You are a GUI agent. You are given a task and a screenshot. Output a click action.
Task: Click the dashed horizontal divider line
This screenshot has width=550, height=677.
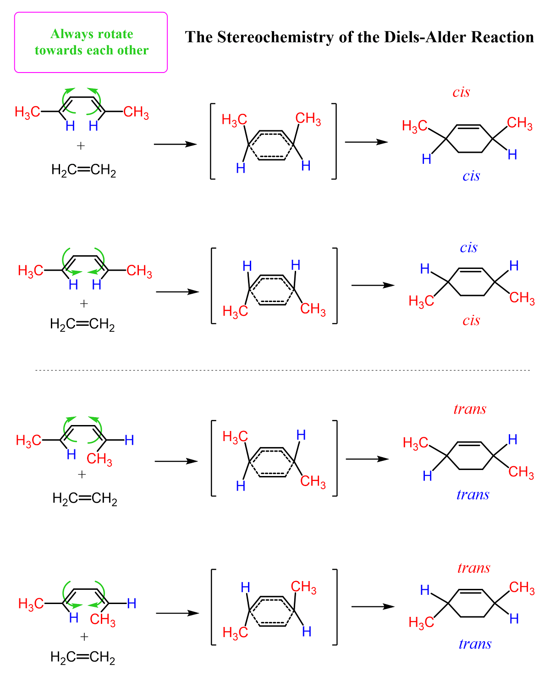tap(282, 370)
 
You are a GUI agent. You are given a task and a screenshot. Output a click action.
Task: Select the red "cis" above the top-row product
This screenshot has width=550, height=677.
tap(461, 92)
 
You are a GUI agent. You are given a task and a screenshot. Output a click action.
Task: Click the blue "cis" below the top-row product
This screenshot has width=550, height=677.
tap(471, 176)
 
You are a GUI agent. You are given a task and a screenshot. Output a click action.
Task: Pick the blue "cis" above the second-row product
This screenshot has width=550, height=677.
tap(468, 247)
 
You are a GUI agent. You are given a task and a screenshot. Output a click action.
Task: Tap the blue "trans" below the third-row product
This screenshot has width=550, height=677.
tap(473, 495)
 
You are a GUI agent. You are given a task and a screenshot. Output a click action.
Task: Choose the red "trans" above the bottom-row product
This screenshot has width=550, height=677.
tap(474, 568)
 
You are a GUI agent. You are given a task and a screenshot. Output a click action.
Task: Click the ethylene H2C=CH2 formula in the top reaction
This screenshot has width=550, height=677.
tap(83, 170)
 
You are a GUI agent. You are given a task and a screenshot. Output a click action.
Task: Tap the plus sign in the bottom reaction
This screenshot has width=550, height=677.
tap(84, 637)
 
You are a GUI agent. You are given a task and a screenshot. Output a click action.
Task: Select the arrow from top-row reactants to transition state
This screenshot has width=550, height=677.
tap(175, 144)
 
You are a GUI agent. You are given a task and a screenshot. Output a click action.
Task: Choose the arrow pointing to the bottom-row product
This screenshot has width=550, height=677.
tap(373, 606)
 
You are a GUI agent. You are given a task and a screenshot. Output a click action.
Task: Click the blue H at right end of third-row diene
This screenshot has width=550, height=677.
tap(129, 440)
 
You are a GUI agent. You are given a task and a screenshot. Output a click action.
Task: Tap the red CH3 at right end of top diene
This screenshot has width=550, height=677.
tap(136, 112)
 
